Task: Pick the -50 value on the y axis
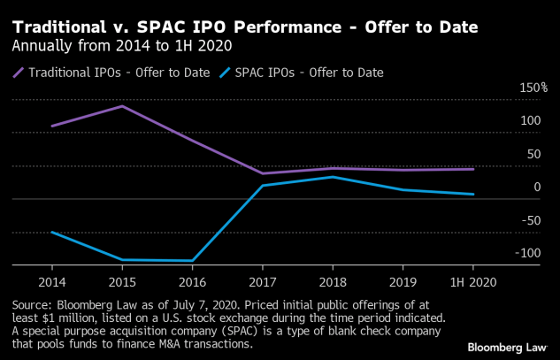point(532,220)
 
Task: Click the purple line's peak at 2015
point(121,106)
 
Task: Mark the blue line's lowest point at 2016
point(192,261)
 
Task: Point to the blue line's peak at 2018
point(333,177)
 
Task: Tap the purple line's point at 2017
point(262,173)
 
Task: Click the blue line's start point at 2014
point(51,232)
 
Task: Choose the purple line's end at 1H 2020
point(472,169)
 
